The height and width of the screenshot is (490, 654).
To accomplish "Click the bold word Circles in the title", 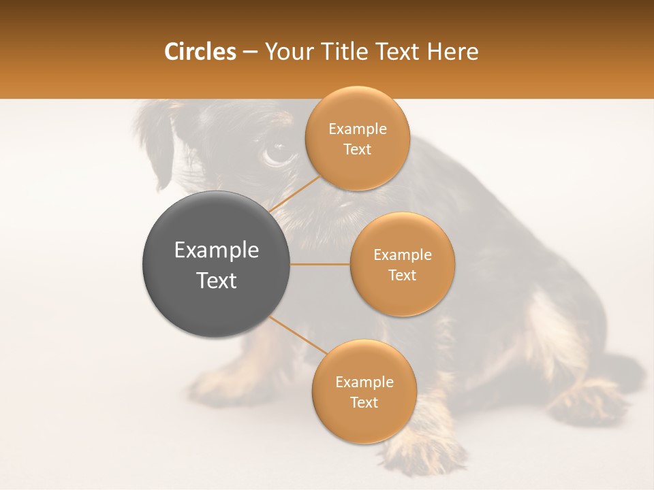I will [200, 52].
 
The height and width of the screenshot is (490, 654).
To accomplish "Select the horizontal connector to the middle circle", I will [320, 264].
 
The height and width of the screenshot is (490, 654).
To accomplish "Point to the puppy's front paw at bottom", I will [429, 453].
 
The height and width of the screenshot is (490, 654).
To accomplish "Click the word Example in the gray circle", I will [216, 250].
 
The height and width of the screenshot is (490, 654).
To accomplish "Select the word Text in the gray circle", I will [216, 280].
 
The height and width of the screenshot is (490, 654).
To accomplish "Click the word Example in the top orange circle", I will [357, 129].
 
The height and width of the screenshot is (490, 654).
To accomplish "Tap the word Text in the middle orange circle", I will [402, 275].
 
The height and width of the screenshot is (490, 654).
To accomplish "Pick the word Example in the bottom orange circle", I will [364, 382].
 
